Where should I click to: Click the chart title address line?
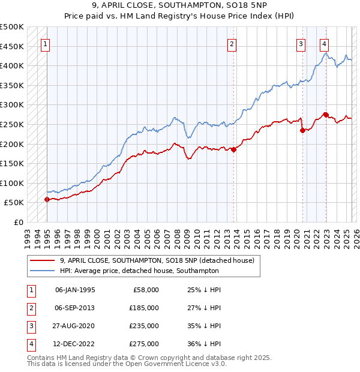179,6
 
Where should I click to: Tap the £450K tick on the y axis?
12,46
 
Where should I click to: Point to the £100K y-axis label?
12,183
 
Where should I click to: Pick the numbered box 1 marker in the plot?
46,43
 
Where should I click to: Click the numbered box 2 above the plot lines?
232,43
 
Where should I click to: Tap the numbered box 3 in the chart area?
301,43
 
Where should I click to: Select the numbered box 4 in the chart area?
324,43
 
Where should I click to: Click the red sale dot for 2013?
233,150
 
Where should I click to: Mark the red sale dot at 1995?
47,200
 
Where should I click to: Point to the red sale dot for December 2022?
325,115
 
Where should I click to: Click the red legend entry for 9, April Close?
157,260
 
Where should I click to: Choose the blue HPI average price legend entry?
139,271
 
